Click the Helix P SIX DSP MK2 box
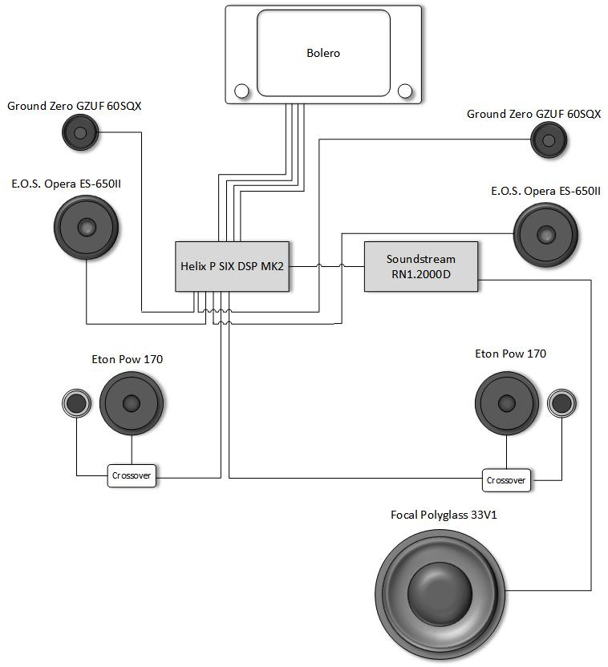232,266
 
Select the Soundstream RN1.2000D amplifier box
421,266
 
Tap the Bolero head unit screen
323,54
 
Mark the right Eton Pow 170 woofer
507,403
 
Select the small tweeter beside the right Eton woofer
561,403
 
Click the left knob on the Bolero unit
240,91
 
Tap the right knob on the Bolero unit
405,91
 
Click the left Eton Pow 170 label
128,359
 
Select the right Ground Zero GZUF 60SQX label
533,115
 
